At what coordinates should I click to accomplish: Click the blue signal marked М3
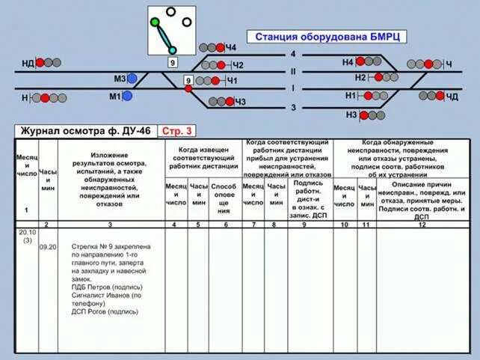tap(132, 78)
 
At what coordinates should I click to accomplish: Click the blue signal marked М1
tap(128, 96)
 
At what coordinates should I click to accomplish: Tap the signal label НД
tap(28, 63)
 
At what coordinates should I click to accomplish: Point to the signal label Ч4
tap(231, 48)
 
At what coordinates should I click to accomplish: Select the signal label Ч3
tap(240, 102)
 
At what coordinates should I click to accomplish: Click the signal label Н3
tap(351, 115)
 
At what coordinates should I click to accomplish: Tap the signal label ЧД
tap(452, 97)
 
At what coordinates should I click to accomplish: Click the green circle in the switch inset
tap(155, 22)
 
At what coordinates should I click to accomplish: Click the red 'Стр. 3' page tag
tap(178, 131)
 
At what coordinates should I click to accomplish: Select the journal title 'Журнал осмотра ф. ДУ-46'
tap(85, 131)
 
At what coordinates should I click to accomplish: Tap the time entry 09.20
tap(48, 245)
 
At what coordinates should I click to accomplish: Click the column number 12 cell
tap(422, 225)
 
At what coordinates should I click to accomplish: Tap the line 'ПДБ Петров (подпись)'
tap(107, 287)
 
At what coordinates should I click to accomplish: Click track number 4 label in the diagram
tap(293, 54)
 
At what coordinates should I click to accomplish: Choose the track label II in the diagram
tap(293, 72)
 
